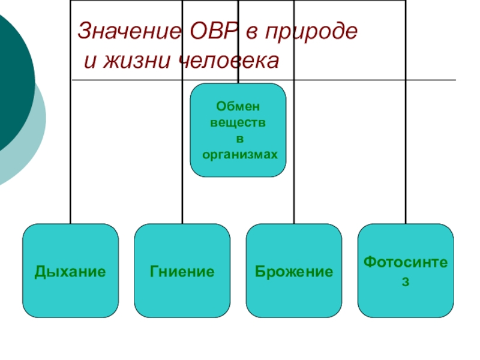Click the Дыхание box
[x=70, y=271]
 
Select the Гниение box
[x=182, y=271]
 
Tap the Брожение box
[x=294, y=271]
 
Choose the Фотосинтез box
[x=406, y=271]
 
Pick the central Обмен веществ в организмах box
[x=238, y=130]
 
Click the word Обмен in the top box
[x=238, y=106]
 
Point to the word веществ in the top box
[x=238, y=122]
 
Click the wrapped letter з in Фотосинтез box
[x=406, y=281]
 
